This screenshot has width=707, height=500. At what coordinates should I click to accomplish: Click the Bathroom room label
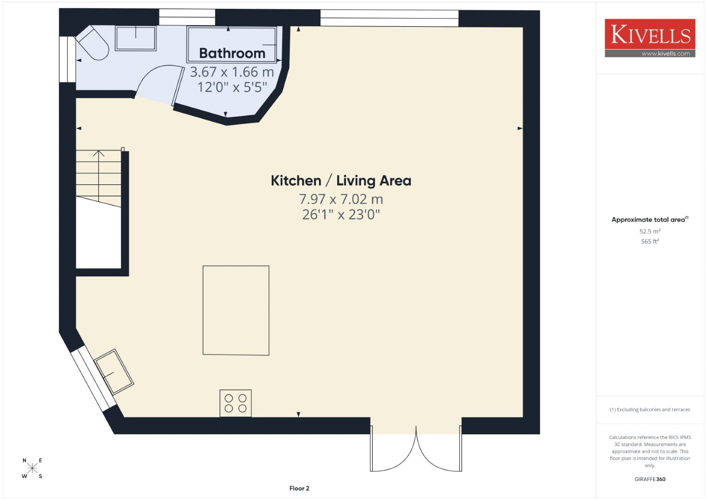click(232, 53)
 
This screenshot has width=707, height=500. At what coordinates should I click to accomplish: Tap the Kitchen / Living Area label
click(341, 181)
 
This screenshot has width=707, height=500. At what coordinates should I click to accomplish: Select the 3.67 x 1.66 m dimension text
click(232, 72)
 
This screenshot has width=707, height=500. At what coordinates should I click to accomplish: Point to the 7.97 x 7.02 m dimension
click(341, 199)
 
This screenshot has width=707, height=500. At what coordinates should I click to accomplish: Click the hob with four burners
click(236, 403)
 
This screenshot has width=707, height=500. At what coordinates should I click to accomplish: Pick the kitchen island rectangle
click(236, 311)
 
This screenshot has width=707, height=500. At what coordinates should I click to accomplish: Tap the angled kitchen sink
click(114, 372)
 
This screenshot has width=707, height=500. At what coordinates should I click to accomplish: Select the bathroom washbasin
click(136, 38)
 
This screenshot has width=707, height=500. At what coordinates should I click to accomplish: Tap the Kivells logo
click(650, 38)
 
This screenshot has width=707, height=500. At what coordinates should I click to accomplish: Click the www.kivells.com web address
click(666, 54)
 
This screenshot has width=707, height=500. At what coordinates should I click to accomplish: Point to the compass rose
click(32, 468)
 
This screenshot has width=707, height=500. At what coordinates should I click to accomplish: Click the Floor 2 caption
click(299, 488)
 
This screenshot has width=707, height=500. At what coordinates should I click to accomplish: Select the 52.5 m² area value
click(650, 231)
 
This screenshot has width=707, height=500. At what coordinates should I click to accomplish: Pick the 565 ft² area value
click(650, 241)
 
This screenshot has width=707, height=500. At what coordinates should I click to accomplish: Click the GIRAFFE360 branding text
click(650, 479)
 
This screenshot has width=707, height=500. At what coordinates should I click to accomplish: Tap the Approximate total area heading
click(650, 219)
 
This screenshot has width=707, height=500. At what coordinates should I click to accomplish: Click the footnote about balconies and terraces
click(650, 409)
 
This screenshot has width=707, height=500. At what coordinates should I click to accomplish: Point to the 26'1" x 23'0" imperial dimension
click(341, 215)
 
